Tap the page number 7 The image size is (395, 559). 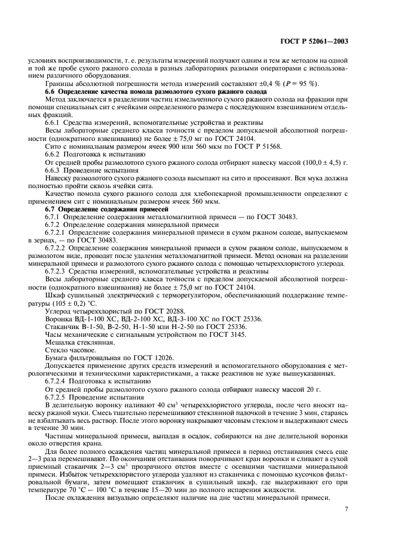click(347, 509)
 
